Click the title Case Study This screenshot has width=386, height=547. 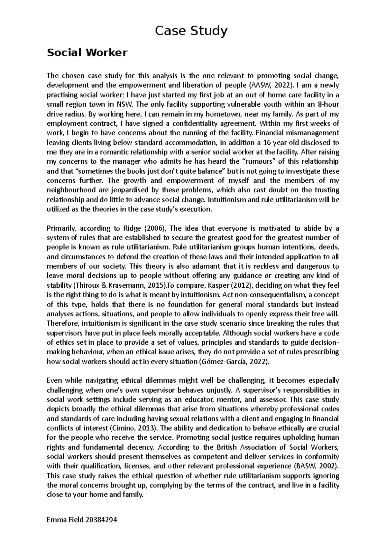click(x=191, y=31)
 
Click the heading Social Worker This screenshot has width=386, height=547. click(x=87, y=53)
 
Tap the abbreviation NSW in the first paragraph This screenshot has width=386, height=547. click(x=124, y=104)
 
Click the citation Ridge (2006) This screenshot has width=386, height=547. click(x=139, y=228)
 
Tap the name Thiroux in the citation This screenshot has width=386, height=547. click(x=86, y=285)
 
